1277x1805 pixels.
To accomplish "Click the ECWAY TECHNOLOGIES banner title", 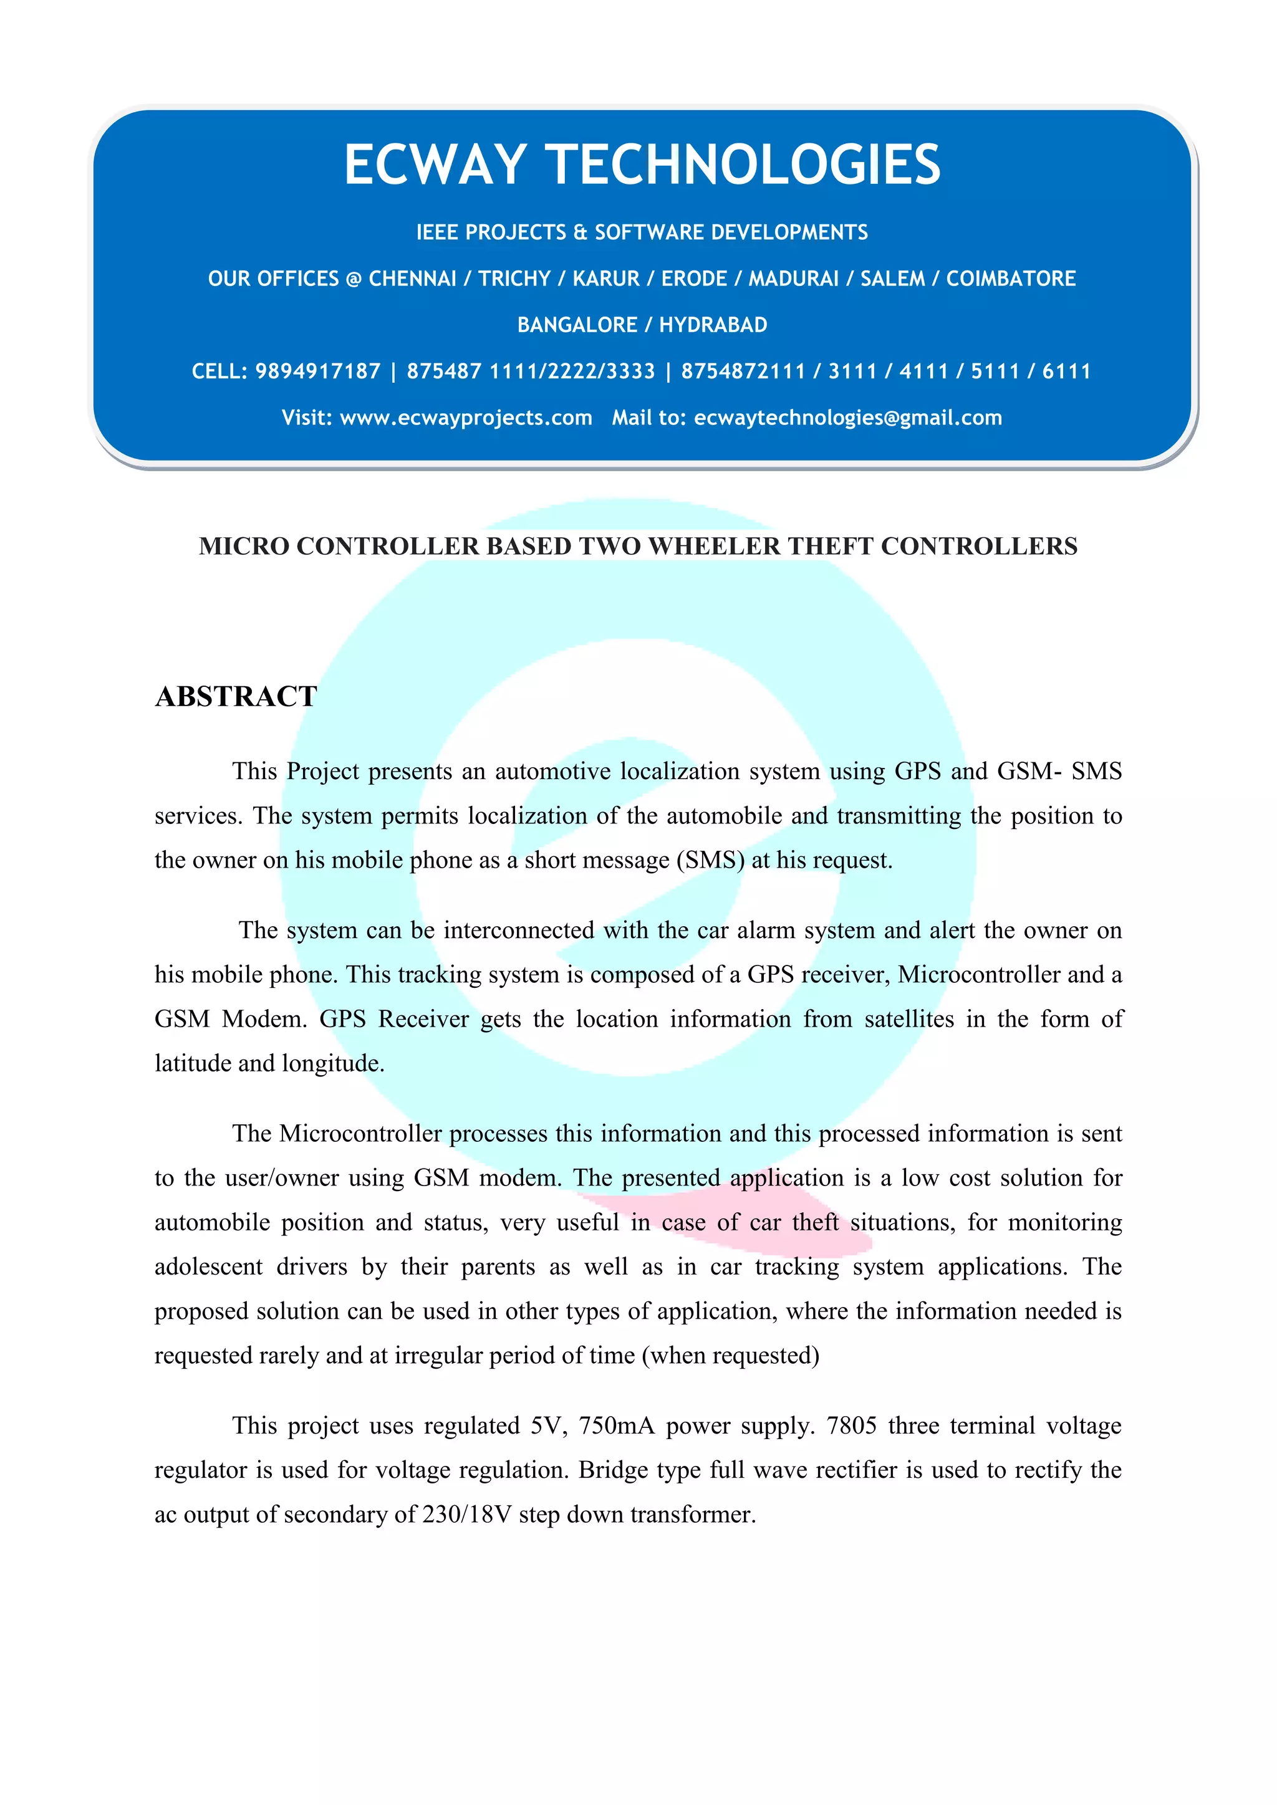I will [642, 165].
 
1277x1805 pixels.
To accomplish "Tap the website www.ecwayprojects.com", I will [466, 418].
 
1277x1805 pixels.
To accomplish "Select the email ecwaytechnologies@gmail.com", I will [847, 418].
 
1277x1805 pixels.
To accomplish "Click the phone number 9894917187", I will [317, 371].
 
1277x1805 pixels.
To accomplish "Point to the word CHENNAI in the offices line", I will [412, 279].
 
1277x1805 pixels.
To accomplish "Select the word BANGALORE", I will [576, 325].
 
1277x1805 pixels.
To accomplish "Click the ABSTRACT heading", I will [236, 697].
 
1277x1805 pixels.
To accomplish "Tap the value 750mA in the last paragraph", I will [617, 1425].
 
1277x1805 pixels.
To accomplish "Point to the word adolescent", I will [208, 1266].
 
